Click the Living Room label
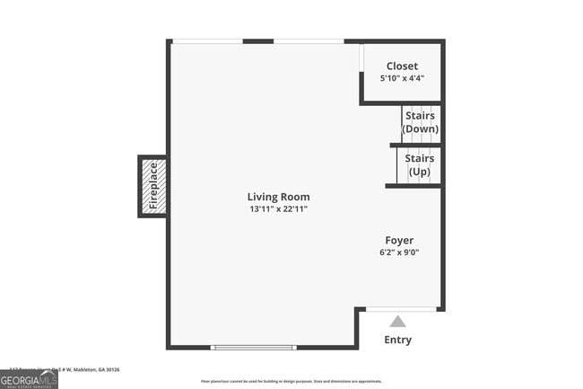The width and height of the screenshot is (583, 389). [x=278, y=197]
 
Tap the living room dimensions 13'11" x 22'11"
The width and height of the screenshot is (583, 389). [x=278, y=209]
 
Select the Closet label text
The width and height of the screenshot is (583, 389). [x=402, y=66]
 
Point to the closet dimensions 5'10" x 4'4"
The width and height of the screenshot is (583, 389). [x=402, y=78]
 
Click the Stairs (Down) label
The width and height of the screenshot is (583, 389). [x=420, y=122]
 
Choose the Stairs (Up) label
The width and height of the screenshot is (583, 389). [x=420, y=165]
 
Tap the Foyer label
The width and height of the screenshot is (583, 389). [x=399, y=240]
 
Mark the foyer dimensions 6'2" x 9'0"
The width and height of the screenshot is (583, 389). [x=399, y=252]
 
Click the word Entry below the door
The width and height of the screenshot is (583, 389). [x=398, y=340]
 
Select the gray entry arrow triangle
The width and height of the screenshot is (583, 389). [x=397, y=322]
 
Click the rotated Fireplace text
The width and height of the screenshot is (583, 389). [x=153, y=186]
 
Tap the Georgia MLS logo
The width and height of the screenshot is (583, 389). [x=29, y=380]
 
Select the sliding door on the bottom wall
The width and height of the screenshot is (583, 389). [x=253, y=348]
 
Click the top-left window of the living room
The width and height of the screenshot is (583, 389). [x=207, y=40]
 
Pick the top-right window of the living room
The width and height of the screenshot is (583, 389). [x=309, y=40]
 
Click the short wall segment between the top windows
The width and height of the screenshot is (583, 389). [x=258, y=40]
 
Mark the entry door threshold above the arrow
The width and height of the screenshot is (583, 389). [x=402, y=309]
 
